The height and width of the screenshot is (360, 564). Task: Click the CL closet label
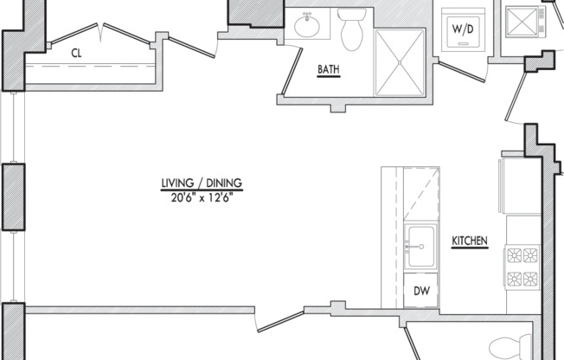point(76,54)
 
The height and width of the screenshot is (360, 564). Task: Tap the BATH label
point(329,69)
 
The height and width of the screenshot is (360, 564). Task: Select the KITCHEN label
point(470,241)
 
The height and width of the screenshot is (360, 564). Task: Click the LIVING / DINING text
point(202,183)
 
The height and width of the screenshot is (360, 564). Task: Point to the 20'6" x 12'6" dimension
point(202,197)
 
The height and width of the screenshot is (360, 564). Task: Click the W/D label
point(463,29)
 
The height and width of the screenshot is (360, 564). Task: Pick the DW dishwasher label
point(421,291)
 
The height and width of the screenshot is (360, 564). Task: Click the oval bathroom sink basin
point(307,26)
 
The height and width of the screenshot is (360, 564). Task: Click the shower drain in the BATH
point(400,62)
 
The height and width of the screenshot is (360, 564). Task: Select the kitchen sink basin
point(421,247)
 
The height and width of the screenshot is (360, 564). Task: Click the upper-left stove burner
point(515,255)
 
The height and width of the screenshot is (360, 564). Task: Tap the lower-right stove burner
point(530,279)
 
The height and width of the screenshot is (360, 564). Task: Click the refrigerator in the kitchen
point(519,186)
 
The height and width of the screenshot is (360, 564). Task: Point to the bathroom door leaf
point(292,72)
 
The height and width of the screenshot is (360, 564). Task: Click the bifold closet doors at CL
point(99,35)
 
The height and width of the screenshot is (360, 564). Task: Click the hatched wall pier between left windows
point(14,196)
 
